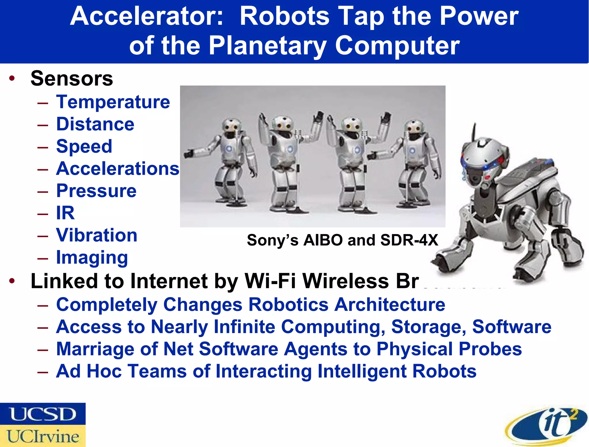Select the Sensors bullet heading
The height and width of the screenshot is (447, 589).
tap(72, 78)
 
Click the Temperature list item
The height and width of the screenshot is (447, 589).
tap(113, 102)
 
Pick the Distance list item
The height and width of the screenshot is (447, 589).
tap(95, 124)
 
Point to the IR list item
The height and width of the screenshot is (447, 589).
tap(65, 213)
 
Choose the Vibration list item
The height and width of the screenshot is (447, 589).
tap(97, 235)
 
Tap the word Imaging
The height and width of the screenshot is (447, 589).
tap(92, 257)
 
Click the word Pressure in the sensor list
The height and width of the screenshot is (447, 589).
tap(96, 191)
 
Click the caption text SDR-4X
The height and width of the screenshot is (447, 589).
tap(409, 240)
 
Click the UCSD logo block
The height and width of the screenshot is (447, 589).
tap(43, 414)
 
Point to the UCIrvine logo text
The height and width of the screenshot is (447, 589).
tap(43, 436)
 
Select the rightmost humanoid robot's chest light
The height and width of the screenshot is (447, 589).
tap(412, 151)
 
